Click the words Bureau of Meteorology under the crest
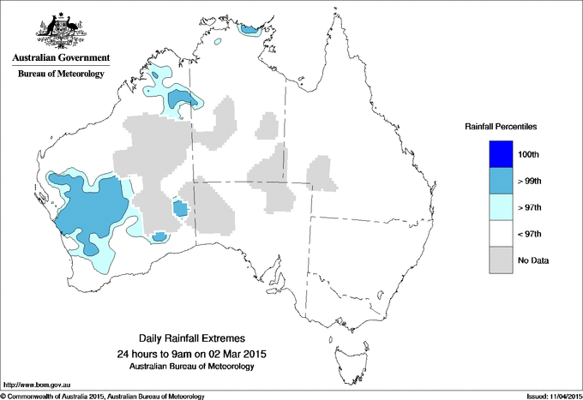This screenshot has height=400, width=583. pyautogui.click(x=60, y=74)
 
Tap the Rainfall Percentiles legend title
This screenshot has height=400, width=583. pyautogui.click(x=501, y=126)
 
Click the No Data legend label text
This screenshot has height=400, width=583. pyautogui.click(x=533, y=260)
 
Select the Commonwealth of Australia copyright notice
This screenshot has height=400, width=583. pyautogui.click(x=103, y=396)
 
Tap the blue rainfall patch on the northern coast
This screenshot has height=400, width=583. pyautogui.click(x=249, y=30)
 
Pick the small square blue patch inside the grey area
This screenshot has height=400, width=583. pyautogui.click(x=180, y=207)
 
